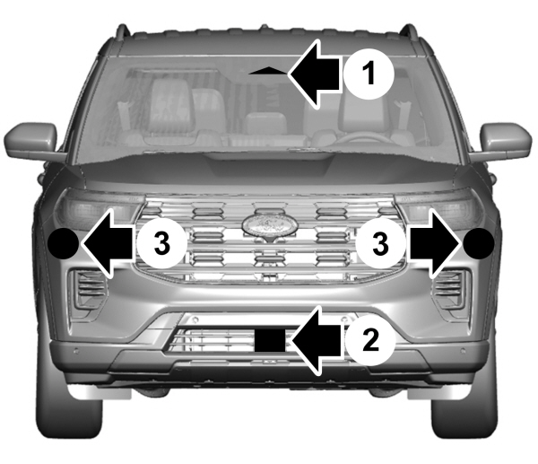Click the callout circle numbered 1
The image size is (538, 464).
(369, 74)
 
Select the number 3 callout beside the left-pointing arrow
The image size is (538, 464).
(162, 243)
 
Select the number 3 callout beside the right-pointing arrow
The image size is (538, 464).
(380, 243)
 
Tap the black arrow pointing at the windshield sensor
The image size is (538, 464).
(315, 74)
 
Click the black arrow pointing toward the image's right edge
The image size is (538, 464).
(434, 243)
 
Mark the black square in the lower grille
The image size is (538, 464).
(270, 340)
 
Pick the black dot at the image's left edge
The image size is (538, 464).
(63, 243)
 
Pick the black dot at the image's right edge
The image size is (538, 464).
(479, 243)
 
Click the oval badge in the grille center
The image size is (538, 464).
(269, 225)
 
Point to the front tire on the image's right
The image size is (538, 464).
(464, 402)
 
